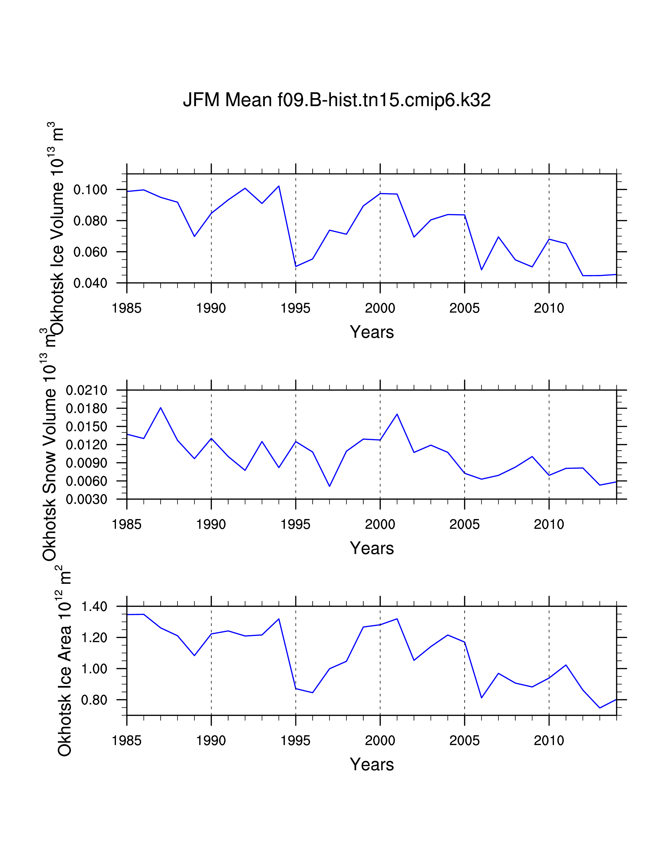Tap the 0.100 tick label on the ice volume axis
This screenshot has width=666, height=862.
90,190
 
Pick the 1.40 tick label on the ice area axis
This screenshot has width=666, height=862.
94,607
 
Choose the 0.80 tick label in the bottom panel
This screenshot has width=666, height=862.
94,700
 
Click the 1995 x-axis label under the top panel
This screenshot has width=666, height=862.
295,308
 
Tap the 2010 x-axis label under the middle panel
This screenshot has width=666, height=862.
549,524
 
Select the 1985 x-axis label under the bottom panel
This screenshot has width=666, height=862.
127,741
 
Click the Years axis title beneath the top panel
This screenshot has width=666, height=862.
372,332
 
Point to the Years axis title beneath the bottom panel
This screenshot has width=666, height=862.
372,765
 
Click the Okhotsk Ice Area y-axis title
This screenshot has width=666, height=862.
64,663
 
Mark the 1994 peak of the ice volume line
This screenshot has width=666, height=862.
279,186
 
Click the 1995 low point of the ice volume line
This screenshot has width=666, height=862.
296,266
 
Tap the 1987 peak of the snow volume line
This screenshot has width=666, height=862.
161,408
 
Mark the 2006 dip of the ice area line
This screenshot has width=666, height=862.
481,698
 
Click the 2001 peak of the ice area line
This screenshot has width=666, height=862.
397,619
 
